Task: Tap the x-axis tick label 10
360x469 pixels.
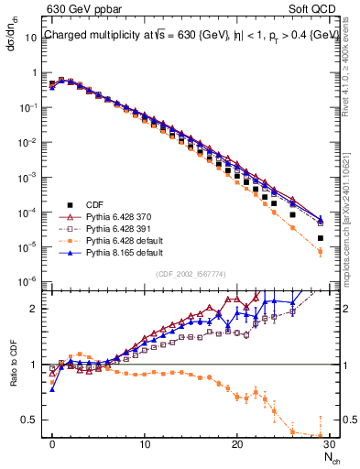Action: point(145,444)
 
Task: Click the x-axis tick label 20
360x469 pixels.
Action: point(237,444)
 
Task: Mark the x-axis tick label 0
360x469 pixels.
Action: point(52,444)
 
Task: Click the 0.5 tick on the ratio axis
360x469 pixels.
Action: point(32,420)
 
